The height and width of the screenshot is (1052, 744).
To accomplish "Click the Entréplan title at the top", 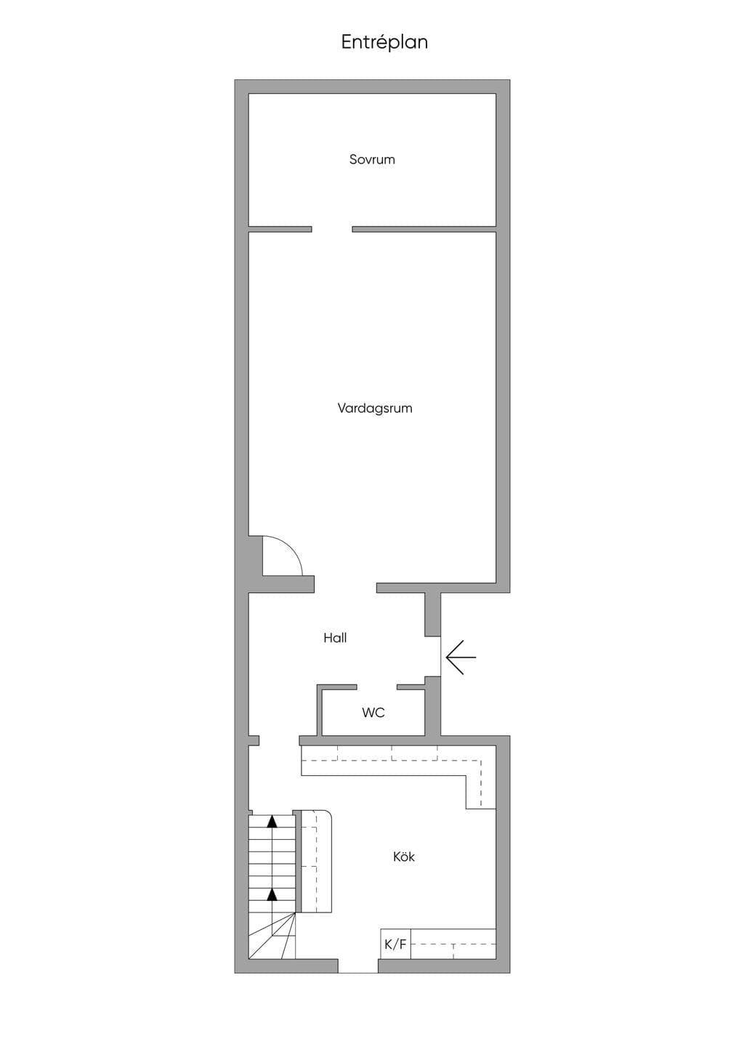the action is pos(384,42).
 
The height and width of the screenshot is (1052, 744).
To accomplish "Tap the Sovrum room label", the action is pos(372,159).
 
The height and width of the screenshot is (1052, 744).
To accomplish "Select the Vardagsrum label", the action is pos(375,408).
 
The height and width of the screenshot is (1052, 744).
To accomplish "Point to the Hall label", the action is pos(335,637).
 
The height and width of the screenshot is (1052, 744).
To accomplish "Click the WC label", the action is pos(373,713).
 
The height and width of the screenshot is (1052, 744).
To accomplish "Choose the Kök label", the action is pos(404,857).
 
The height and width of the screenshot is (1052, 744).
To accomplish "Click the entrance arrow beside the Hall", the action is pos(461,657).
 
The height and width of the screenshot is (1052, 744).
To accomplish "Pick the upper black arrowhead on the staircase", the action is pos(272,822).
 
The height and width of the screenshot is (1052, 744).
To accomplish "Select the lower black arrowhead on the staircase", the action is pos(272,895).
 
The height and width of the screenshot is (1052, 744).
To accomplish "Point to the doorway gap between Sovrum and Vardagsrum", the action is pos(332,229).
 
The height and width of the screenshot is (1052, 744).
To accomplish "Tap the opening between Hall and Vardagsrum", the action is pos(345,588).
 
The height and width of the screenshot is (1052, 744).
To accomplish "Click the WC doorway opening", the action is pos(376,687).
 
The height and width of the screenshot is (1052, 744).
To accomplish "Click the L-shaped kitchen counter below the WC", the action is pos(398,761).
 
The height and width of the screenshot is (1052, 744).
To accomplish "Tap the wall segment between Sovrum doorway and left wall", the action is pos(280,229).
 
